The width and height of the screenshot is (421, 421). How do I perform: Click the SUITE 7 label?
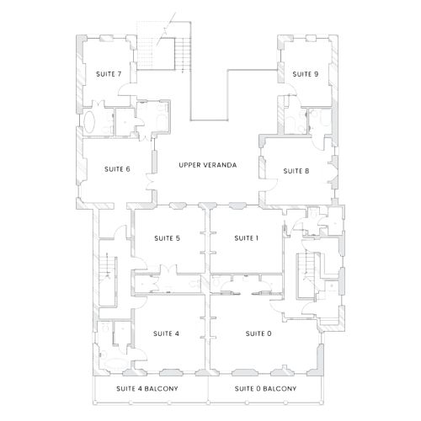point(109,74)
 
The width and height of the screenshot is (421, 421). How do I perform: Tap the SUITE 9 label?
point(305,74)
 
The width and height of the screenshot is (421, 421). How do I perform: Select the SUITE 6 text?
point(117,169)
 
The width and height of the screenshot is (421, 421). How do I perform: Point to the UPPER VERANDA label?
point(207,165)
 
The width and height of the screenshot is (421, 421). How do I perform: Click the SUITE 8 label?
point(296,171)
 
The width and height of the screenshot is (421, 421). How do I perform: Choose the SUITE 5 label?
point(167,238)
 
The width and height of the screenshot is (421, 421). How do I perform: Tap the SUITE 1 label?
point(246,238)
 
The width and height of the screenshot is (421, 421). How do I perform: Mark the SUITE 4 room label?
point(166,333)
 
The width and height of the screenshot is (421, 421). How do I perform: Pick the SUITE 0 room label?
point(258,333)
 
